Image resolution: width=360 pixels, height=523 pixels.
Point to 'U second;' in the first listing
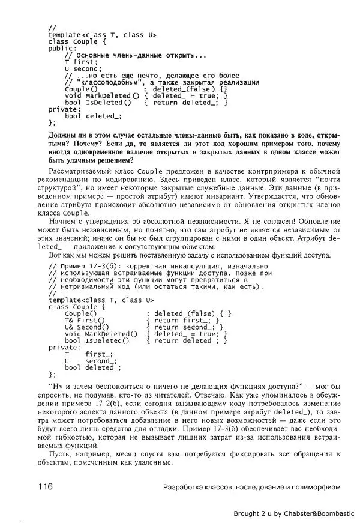(x=83, y=69)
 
